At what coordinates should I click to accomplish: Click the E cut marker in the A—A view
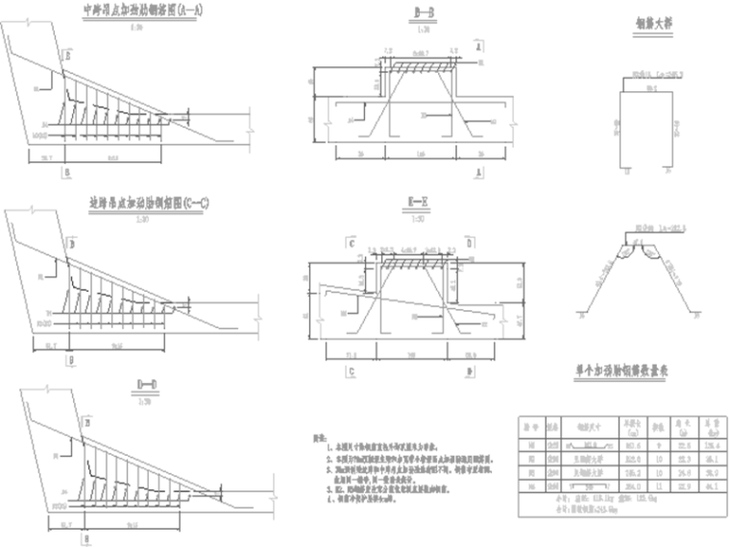click(x=66, y=57)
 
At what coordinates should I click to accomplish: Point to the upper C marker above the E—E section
click(x=353, y=244)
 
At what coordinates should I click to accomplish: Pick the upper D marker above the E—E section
click(x=468, y=244)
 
